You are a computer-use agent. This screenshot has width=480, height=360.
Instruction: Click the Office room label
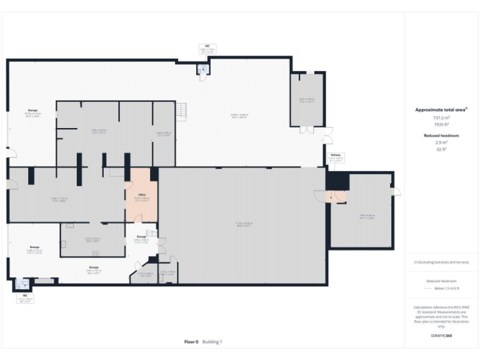point(141,197)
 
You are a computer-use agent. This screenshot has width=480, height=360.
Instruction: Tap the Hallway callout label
point(336,157)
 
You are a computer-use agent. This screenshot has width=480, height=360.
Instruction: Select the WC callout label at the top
point(207,47)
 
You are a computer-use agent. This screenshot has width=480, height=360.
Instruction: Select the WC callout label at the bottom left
point(25,298)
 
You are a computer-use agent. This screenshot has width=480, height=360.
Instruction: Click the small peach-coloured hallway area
point(339,197)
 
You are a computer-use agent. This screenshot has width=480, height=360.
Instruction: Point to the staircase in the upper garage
point(182,111)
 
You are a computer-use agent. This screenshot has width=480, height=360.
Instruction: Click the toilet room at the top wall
point(202,70)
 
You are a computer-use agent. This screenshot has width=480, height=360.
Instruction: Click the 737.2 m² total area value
point(442,117)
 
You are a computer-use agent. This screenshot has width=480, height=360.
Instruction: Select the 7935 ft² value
point(442,124)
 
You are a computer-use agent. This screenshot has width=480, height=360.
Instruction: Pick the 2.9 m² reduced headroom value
point(442,142)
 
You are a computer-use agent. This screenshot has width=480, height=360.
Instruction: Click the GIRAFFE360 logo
point(442,336)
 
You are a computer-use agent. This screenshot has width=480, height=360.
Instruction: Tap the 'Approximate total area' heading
point(441,110)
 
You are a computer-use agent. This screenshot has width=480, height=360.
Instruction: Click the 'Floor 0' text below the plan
point(191,342)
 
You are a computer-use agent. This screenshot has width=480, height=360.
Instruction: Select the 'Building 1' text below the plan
point(211,342)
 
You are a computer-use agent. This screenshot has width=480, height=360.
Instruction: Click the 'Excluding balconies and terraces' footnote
point(442,262)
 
